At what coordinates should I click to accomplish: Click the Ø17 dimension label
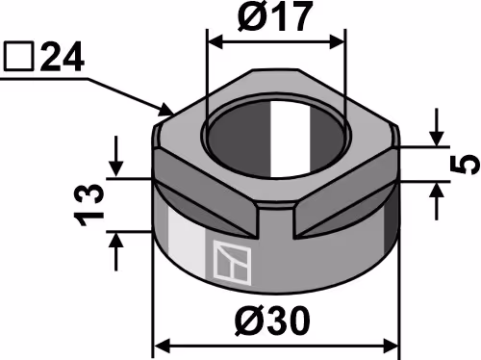275,16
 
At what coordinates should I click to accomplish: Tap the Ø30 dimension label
272,321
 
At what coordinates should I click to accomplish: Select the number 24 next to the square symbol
63,57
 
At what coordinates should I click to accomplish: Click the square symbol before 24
18,57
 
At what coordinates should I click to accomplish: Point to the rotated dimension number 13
89,204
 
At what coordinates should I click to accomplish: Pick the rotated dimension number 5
466,164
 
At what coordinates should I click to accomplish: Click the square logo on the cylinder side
232,263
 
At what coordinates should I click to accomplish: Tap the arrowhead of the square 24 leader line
165,109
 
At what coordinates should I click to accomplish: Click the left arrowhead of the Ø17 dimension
215,42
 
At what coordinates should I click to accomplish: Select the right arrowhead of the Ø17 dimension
338,42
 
